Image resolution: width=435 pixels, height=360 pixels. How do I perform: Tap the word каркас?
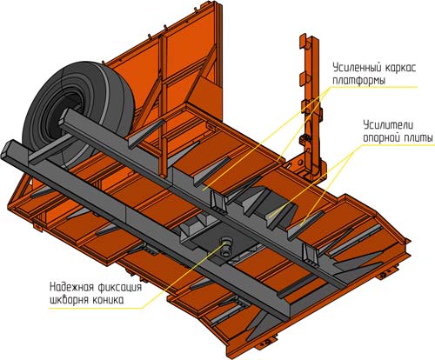(401, 68)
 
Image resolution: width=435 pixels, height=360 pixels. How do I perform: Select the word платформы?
(359, 80)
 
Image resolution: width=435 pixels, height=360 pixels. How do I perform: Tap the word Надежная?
(72, 287)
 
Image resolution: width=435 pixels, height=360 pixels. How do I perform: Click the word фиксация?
(120, 288)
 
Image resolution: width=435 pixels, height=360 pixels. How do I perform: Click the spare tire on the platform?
(78, 111)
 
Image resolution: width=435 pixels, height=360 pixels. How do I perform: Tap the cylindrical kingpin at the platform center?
(226, 247)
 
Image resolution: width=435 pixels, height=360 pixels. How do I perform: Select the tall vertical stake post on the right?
(311, 106)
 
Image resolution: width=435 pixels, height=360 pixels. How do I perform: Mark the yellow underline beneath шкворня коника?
(97, 308)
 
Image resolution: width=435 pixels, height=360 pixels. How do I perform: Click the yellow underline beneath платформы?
(374, 87)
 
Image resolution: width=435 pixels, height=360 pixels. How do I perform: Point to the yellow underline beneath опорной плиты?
(398, 144)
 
